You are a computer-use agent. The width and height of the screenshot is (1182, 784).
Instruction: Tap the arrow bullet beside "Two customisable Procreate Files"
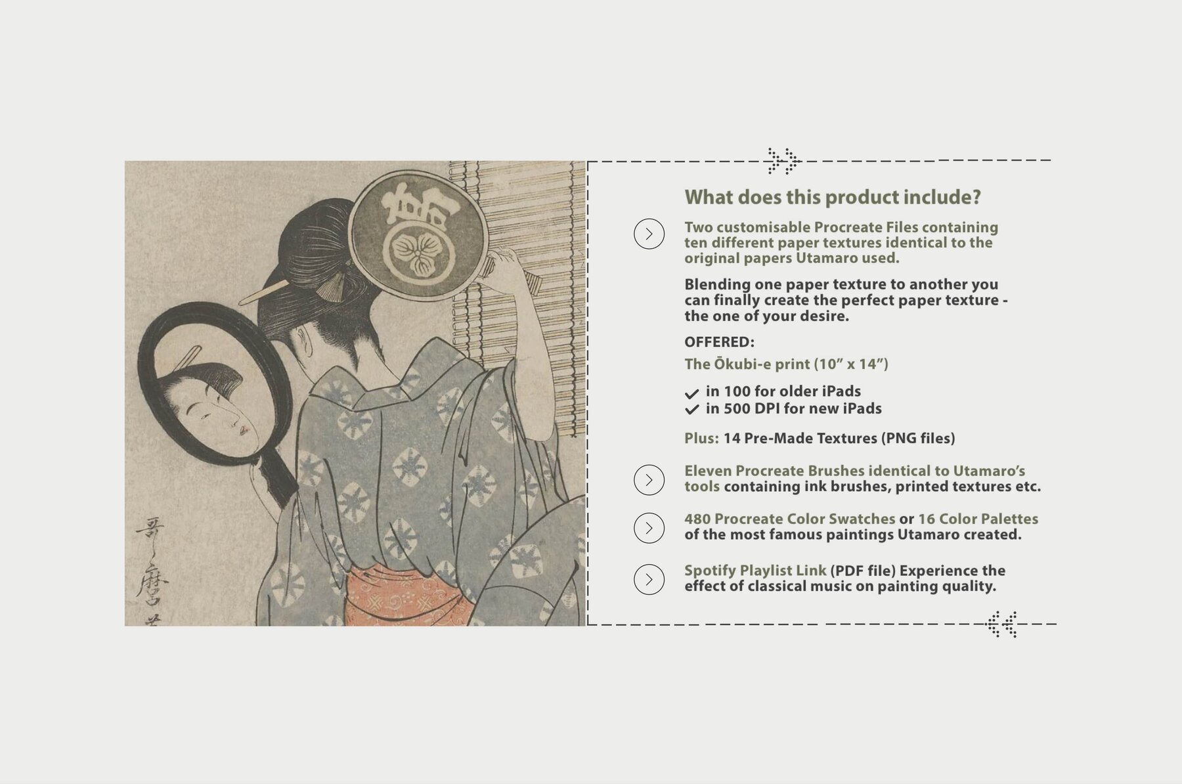pyautogui.click(x=649, y=234)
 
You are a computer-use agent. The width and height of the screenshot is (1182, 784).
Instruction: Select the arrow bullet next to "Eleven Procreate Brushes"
pyautogui.click(x=649, y=480)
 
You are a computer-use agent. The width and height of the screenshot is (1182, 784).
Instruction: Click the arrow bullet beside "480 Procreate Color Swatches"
pyautogui.click(x=649, y=528)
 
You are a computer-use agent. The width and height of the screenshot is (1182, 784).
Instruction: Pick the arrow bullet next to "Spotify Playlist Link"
pyautogui.click(x=649, y=579)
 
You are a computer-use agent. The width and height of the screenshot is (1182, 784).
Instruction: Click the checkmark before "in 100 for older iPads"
pyautogui.click(x=691, y=393)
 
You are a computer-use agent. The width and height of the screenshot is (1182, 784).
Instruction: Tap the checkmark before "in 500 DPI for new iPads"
pyautogui.click(x=691, y=410)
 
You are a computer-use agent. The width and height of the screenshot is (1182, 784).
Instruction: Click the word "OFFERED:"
pyautogui.click(x=719, y=342)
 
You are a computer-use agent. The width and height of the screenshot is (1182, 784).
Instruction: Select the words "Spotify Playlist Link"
pyautogui.click(x=755, y=570)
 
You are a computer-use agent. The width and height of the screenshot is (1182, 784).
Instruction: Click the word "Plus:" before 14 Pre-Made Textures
pyautogui.click(x=701, y=438)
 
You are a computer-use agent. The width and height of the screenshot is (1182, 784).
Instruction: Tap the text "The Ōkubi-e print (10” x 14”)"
pyautogui.click(x=786, y=364)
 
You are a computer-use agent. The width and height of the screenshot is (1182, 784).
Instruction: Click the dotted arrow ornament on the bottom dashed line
pyautogui.click(x=1003, y=624)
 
